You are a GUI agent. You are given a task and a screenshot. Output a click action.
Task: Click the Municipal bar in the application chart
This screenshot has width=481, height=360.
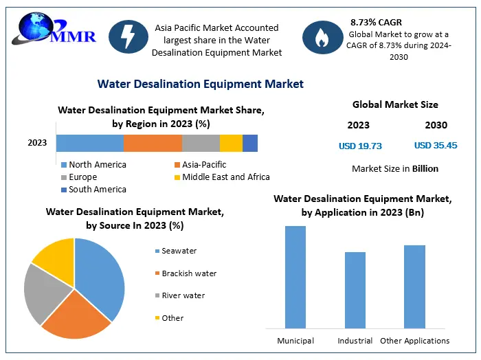tap(295, 276)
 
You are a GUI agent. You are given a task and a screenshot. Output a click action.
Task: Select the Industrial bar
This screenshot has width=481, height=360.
tap(355, 289)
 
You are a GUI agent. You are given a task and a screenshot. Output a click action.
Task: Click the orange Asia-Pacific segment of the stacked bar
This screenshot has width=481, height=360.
tap(153, 143)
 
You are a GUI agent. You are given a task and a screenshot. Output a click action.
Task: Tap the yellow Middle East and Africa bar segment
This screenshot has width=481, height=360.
tap(231, 143)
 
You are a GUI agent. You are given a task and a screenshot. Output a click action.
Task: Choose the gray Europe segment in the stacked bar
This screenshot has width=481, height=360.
tap(201, 143)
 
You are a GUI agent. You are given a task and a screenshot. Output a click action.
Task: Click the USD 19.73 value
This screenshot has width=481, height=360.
tap(360, 146)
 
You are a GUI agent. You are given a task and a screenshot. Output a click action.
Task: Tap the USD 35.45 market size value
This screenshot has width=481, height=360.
tap(435, 146)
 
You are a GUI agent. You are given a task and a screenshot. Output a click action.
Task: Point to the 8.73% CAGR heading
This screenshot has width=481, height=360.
tap(376, 23)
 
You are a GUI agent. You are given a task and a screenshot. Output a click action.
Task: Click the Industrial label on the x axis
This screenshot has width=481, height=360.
tap(355, 341)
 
